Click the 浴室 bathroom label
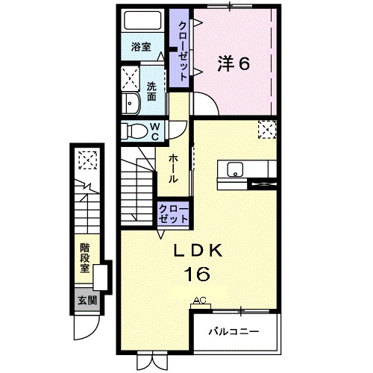pos(141,46)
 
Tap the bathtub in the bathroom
pos(142,20)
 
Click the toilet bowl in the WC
pos(137,131)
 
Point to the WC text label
pos(155,132)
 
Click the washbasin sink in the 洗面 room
pos(131,104)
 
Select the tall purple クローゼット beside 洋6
pos(179,48)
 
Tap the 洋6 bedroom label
pos(233,63)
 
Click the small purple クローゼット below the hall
pos(173,213)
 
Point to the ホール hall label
pos(173,169)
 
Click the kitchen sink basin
pos(235,169)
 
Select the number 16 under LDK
pos(197,274)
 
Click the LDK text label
pos(198,251)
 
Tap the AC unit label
pos(200,300)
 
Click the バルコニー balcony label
pos(233,331)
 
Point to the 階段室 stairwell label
pos(85,257)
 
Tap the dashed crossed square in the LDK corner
pos(267,130)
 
